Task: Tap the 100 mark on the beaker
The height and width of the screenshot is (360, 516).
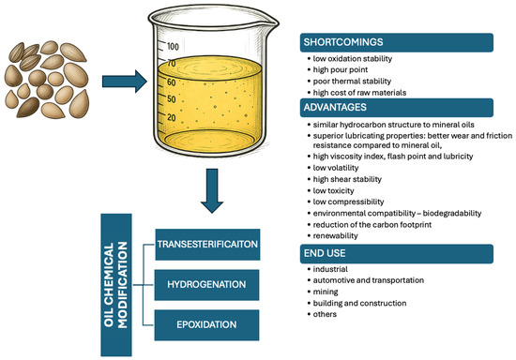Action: pyautogui.click(x=173, y=46)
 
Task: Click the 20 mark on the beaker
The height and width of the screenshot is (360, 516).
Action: pyautogui.click(x=172, y=116)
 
